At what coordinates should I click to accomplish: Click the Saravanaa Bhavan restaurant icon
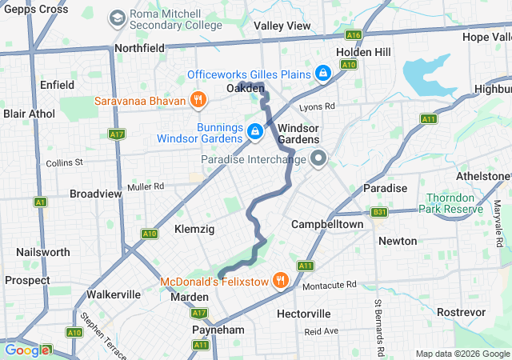(198, 100)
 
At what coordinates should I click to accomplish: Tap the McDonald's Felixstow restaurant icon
(279, 281)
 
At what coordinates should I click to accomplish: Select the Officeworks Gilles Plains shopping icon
(322, 74)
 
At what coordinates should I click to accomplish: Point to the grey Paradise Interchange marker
(318, 159)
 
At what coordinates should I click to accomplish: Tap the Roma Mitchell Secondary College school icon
(118, 17)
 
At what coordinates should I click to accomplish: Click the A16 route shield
(354, 35)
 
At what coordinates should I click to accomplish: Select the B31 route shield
(378, 213)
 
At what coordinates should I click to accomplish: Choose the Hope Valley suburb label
(485, 38)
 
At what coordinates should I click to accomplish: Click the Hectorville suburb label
(303, 314)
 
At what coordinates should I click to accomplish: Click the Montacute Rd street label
(329, 285)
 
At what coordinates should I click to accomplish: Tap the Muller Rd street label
(145, 186)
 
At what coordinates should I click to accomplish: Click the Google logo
(26, 350)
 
